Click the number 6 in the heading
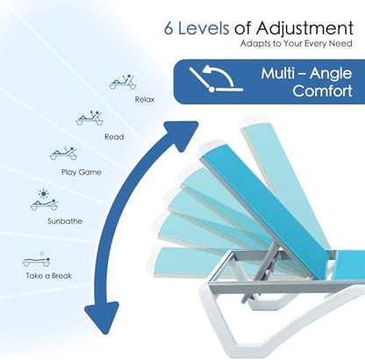click(168, 28)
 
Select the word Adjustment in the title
click(304, 29)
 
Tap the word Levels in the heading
click(204, 28)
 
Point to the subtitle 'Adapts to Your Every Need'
click(297, 44)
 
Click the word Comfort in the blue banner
click(322, 90)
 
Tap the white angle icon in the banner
click(216, 79)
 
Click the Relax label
click(145, 99)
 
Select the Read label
click(114, 137)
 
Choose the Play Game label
click(82, 172)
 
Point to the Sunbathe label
click(65, 221)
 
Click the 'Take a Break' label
click(48, 276)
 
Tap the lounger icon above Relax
click(123, 82)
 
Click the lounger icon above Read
click(89, 118)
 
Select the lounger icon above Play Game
click(63, 153)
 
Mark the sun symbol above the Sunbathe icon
click(44, 193)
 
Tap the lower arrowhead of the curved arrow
click(102, 317)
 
